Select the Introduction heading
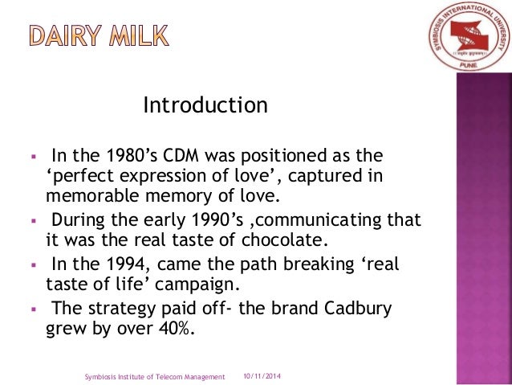click(x=205, y=105)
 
